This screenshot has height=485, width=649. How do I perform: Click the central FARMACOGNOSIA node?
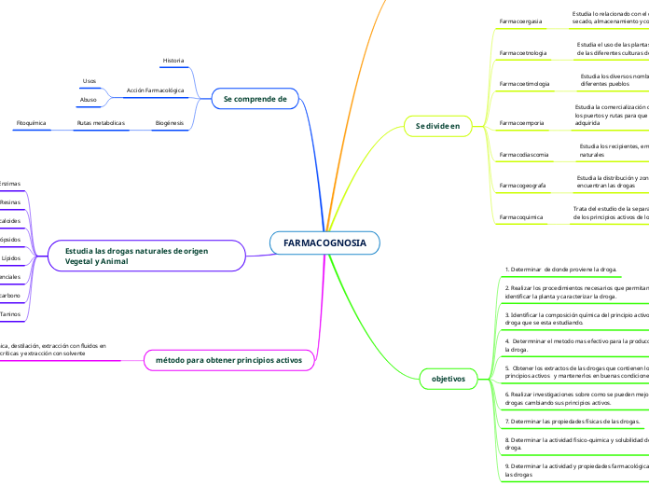[324, 243]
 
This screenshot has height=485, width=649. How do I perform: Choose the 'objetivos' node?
[449, 379]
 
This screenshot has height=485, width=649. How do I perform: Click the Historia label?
[173, 61]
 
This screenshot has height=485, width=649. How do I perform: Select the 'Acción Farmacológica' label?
[155, 91]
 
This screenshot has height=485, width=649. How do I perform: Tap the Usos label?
[90, 81]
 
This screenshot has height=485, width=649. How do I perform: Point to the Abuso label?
[90, 100]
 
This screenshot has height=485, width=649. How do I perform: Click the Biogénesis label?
[169, 123]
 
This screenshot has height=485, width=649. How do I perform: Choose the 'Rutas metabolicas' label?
[101, 123]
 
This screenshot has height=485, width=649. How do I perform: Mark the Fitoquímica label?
[32, 123]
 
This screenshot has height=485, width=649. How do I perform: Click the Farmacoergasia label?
[521, 21]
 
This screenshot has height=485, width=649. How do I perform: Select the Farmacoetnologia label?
[524, 52]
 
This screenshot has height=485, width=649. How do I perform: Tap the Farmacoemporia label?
[523, 122]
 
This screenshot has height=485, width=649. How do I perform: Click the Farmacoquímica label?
[521, 216]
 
